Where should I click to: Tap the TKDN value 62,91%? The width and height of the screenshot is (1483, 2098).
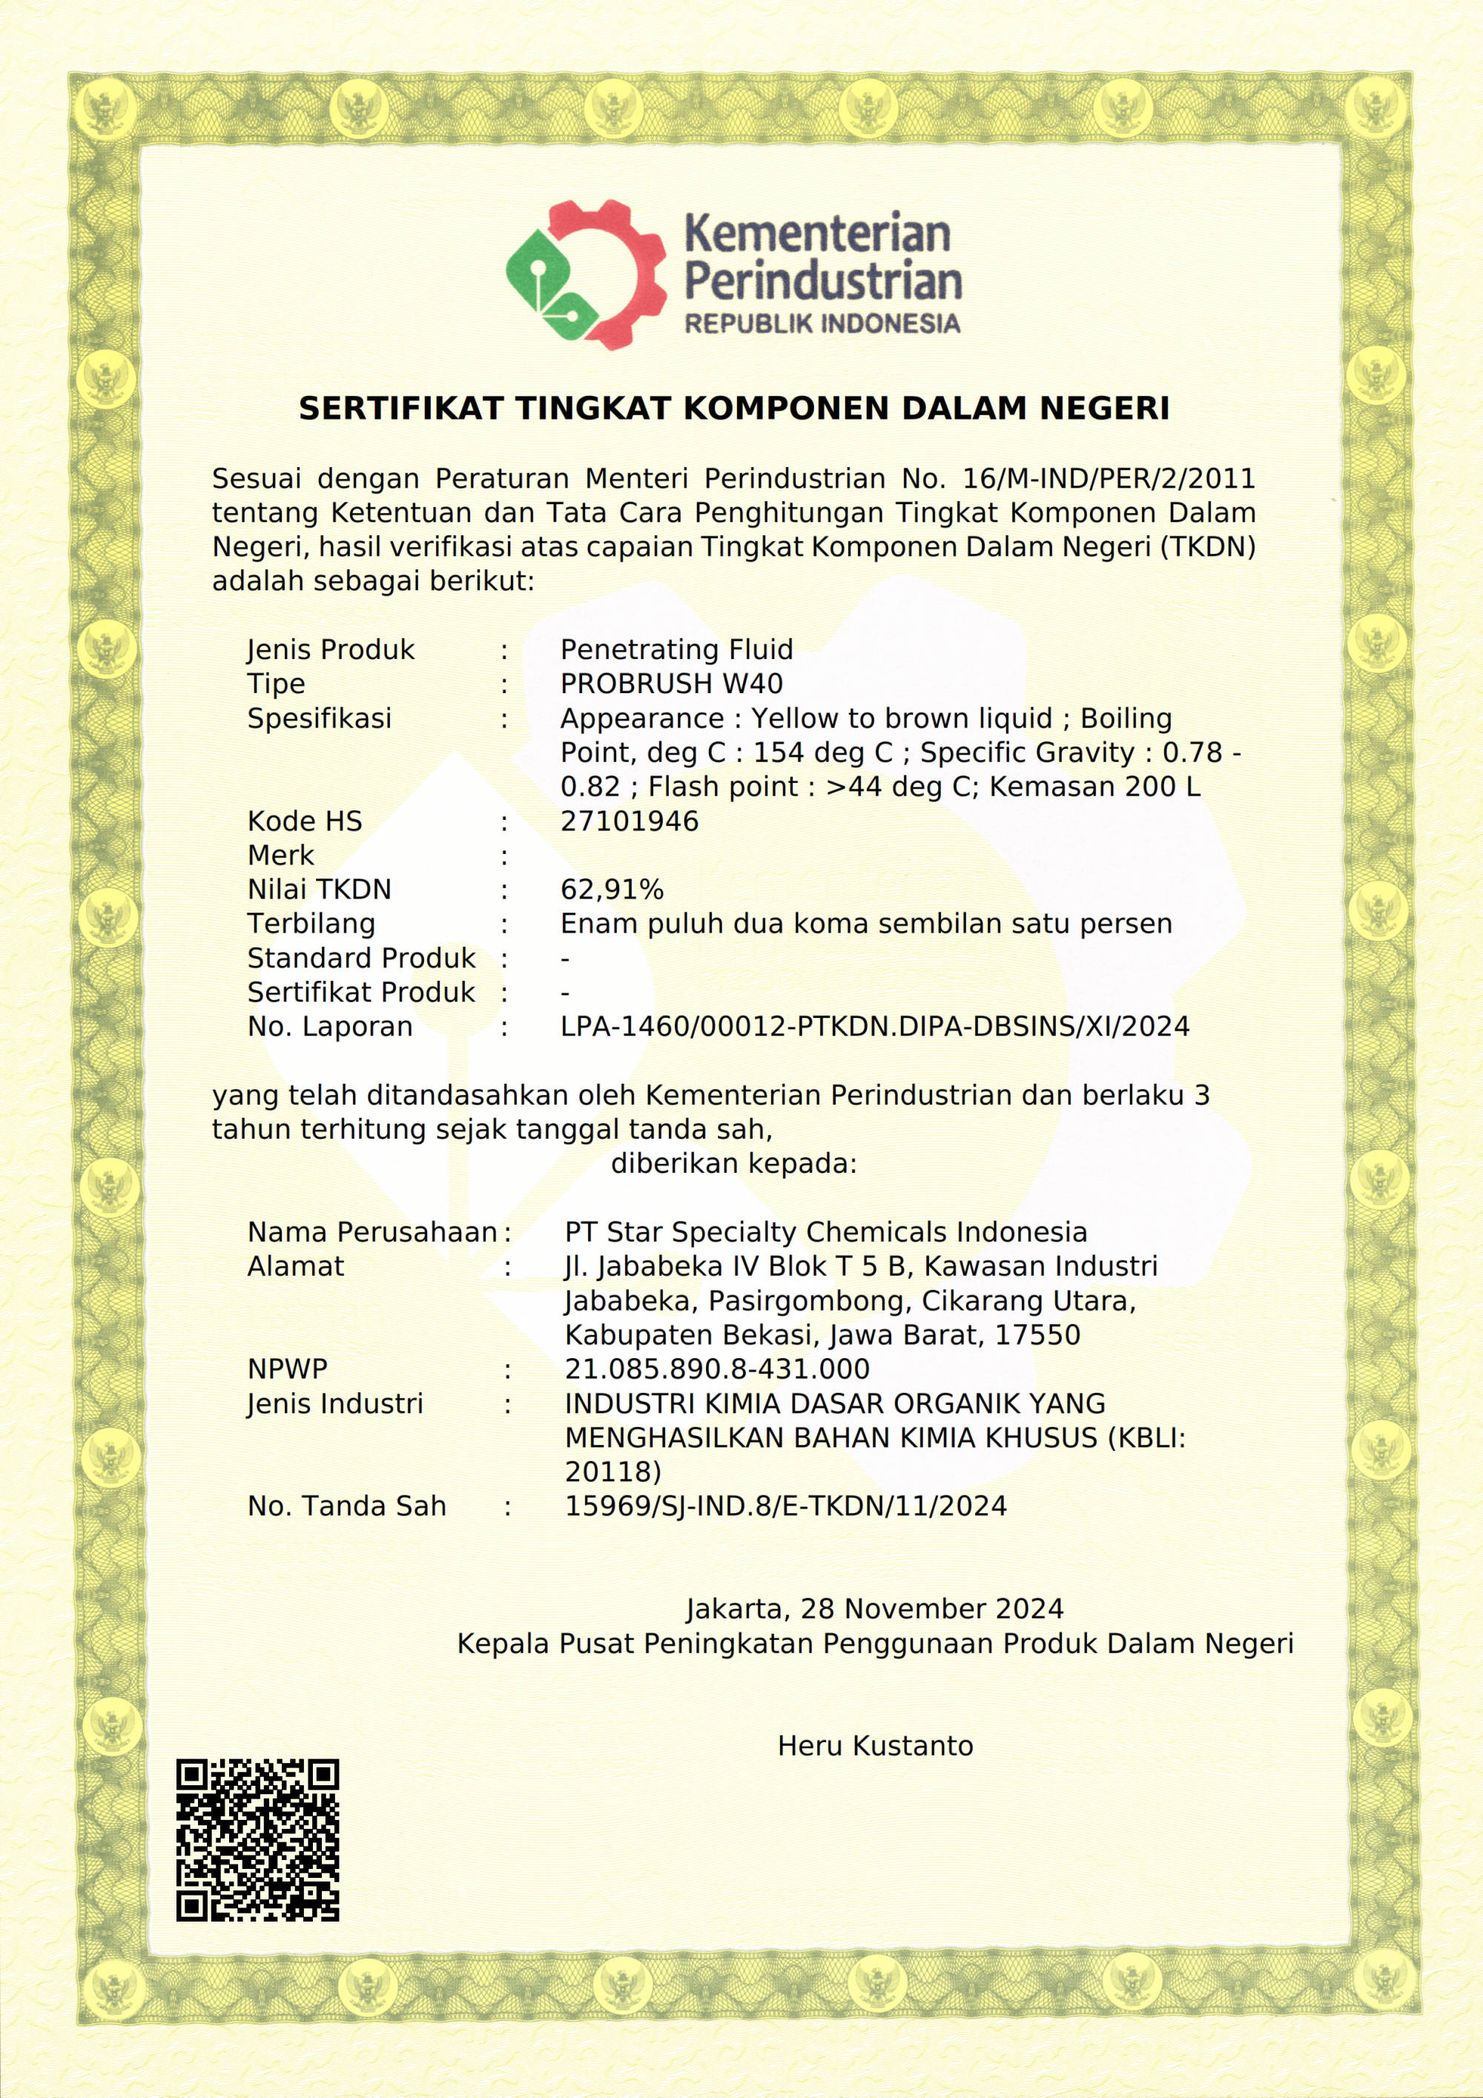pos(611,889)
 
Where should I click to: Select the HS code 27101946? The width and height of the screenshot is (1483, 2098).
pos(629,821)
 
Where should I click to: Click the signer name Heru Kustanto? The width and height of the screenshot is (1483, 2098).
pos(874,1746)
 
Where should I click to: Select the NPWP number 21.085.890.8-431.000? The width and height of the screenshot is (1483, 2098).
pos(716,1369)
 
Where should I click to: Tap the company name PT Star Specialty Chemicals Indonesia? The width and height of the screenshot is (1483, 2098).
pos(825,1232)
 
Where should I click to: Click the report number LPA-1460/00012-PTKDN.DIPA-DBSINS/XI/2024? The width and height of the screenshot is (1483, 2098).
pos(874,1026)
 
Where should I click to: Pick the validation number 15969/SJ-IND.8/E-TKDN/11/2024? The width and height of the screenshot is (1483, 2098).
pos(785,1506)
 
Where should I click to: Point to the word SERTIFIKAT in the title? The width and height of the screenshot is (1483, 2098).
pos(400,408)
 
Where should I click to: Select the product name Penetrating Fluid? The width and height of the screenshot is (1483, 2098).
pos(676,649)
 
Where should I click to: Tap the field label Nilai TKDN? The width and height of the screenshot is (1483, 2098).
pos(319,889)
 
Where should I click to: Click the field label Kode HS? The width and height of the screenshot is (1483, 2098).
pos(304,821)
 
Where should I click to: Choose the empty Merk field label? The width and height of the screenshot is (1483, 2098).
pos(280,856)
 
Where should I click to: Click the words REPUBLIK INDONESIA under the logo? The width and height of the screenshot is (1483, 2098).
pos(822,323)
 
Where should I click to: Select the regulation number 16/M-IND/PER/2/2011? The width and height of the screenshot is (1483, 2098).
pos(1109,478)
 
